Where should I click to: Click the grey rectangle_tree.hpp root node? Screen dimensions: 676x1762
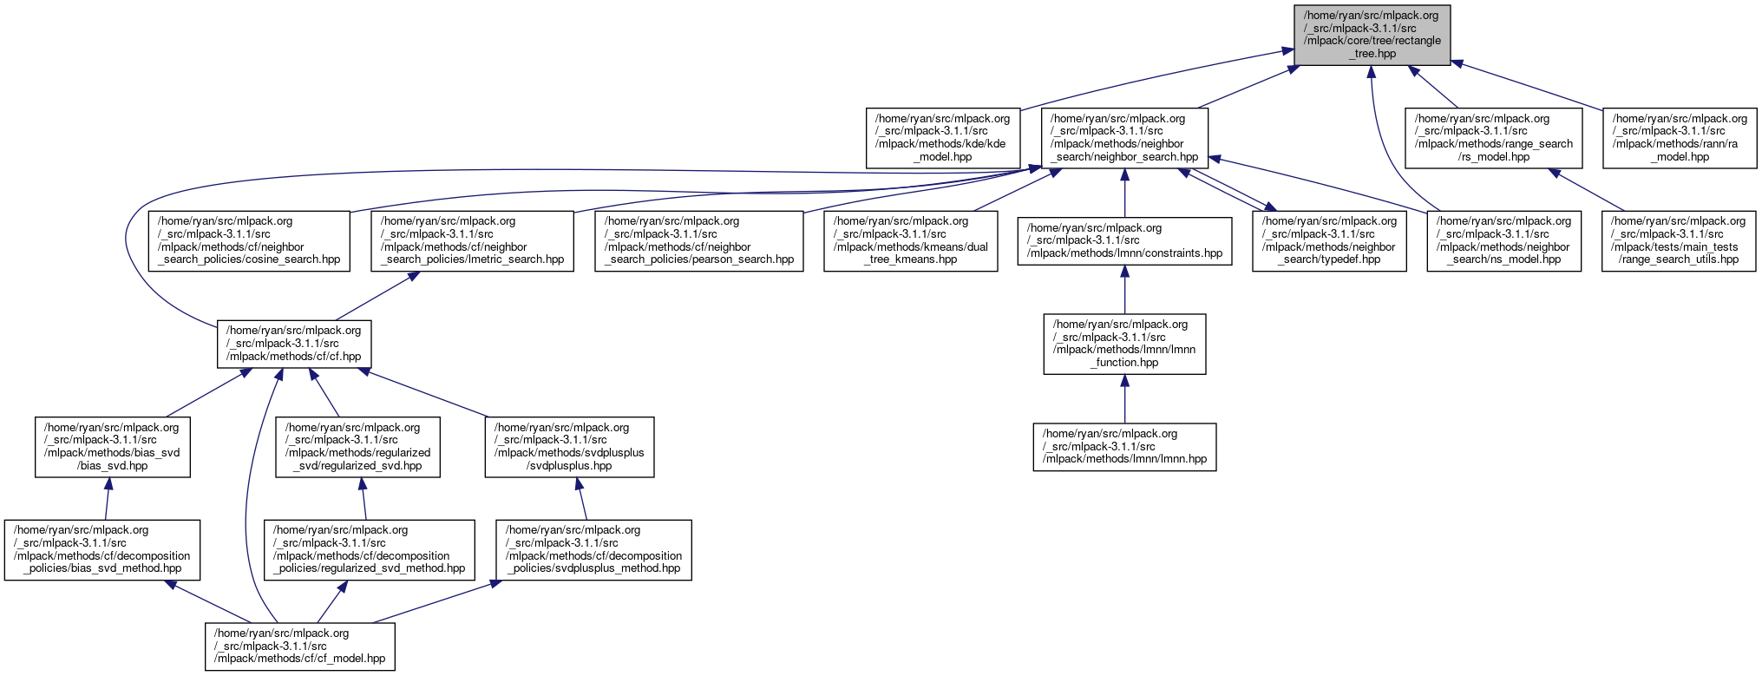[1372, 35]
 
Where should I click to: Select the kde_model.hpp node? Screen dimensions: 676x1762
[943, 138]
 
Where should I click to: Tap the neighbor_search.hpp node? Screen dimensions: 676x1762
[1124, 138]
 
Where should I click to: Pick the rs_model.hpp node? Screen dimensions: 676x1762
[1493, 138]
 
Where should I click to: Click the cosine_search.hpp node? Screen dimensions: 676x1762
[249, 240]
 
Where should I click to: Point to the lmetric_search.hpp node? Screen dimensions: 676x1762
[472, 240]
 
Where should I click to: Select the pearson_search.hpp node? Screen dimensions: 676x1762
[698, 240]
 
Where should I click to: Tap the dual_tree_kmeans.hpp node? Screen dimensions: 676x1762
[910, 240]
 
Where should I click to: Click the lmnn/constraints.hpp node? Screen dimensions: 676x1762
[1124, 240]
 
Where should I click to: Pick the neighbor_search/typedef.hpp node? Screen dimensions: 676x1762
[1328, 240]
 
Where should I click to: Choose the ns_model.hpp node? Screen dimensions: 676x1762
[1503, 240]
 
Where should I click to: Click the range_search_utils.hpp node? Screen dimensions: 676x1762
[1678, 240]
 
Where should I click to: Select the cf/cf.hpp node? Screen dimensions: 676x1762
[293, 344]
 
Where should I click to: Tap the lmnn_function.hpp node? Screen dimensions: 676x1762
[1124, 344]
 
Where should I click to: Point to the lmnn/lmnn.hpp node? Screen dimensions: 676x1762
[1124, 447]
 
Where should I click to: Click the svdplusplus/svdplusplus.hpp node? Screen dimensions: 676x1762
[569, 447]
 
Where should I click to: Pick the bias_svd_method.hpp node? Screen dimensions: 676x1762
[102, 549]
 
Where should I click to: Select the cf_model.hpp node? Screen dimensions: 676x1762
[299, 646]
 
